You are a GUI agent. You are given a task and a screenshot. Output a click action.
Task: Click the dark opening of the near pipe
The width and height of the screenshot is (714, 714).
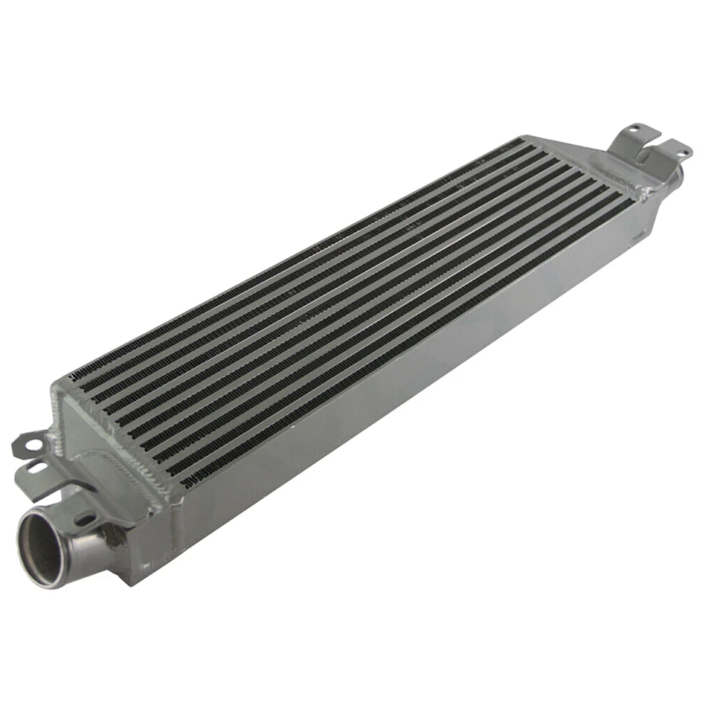click(41, 550)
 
